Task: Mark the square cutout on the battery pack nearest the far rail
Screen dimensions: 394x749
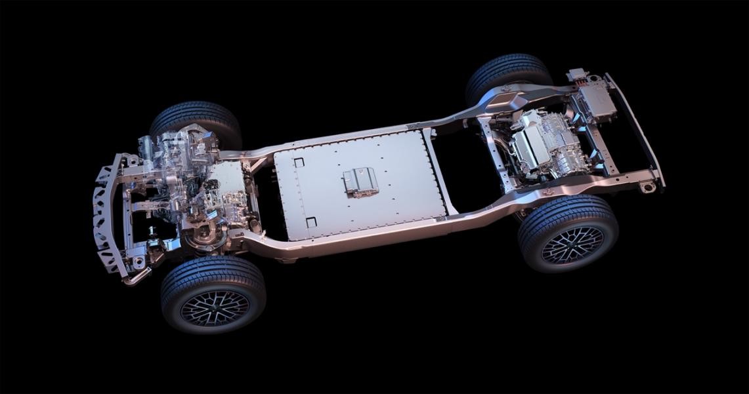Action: pyautogui.click(x=299, y=162)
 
